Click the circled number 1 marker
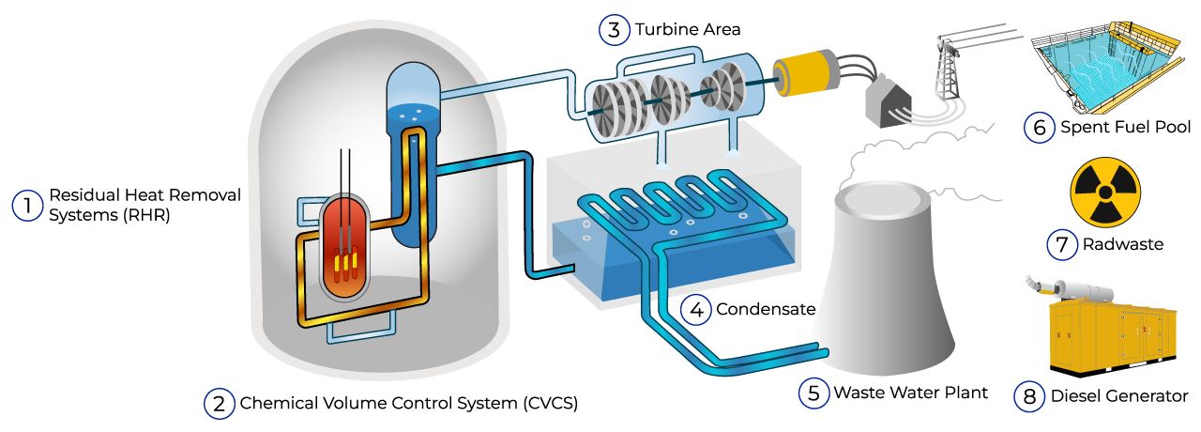(27, 205)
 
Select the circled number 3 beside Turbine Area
(614, 30)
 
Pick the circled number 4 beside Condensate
(695, 309)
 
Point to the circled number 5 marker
(813, 393)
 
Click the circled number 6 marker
(1039, 127)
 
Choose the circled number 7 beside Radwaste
(1061, 244)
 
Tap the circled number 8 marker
(1029, 396)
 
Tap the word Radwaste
(1123, 244)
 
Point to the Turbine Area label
(688, 30)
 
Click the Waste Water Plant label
(911, 393)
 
